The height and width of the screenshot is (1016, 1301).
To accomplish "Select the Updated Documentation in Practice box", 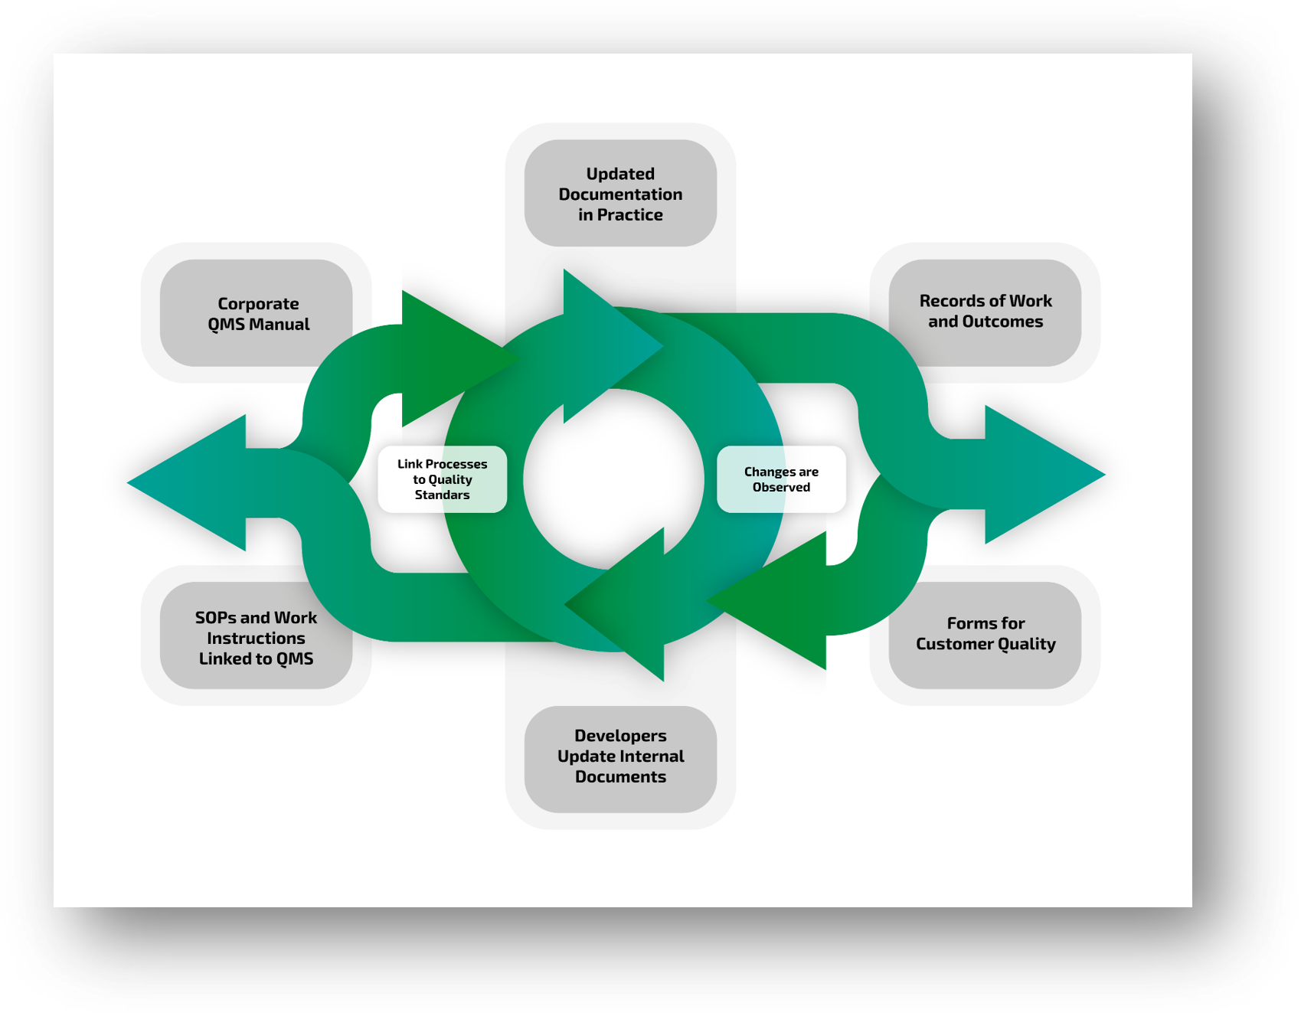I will click(620, 193).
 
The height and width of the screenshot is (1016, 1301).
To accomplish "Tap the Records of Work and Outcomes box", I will click(986, 311).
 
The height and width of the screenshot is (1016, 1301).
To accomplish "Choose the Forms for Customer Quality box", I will click(986, 634).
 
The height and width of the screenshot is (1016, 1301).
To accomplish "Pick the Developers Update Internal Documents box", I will click(620, 756).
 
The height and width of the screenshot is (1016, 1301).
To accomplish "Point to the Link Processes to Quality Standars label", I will click(442, 479).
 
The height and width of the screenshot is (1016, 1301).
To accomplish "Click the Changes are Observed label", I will click(781, 479).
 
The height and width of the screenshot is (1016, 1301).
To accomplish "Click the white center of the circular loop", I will click(613, 479).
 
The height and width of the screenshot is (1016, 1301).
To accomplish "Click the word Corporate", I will click(258, 304).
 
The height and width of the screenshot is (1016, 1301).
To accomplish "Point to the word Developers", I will click(620, 736).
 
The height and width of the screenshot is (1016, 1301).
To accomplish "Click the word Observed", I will click(781, 488).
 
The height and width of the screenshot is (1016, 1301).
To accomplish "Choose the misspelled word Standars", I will click(442, 495).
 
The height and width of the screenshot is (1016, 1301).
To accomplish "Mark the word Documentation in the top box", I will click(620, 194).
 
